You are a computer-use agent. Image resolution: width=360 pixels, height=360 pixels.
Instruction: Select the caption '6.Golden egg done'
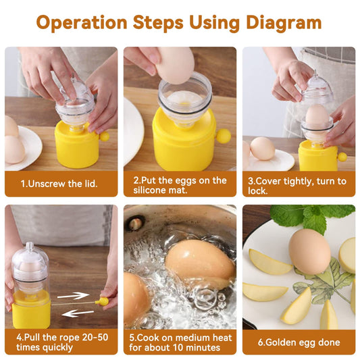299,342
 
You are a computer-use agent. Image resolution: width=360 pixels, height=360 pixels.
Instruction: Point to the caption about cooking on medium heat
180,342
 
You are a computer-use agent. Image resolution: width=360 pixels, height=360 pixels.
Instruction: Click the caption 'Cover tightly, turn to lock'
299,186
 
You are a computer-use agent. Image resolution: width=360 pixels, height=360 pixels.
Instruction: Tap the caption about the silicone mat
180,186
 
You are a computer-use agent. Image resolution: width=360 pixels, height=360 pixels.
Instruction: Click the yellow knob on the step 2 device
222,137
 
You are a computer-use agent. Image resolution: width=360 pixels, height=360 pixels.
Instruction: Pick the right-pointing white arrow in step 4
74,296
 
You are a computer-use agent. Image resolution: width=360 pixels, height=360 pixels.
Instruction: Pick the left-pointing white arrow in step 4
78,313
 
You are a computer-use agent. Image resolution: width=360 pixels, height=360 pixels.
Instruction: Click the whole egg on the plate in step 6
309,251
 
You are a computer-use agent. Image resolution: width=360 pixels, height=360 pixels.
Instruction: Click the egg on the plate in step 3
262,148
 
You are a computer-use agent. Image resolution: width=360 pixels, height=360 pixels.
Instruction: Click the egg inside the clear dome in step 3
317,115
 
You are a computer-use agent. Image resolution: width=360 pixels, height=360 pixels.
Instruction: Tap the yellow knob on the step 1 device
104,136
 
